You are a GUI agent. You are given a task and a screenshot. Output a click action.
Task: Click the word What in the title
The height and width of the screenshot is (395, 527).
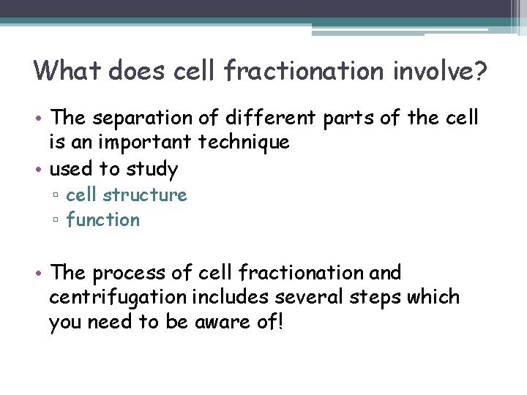coord(67,71)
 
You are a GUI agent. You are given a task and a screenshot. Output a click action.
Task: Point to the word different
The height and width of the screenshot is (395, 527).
coord(261,118)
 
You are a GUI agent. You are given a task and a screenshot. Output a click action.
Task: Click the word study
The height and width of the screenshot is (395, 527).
coord(152,169)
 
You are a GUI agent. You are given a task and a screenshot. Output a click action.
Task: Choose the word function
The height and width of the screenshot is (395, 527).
coord(102,219)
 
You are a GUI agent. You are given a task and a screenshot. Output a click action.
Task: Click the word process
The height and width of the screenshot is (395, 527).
coord(129,273)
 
